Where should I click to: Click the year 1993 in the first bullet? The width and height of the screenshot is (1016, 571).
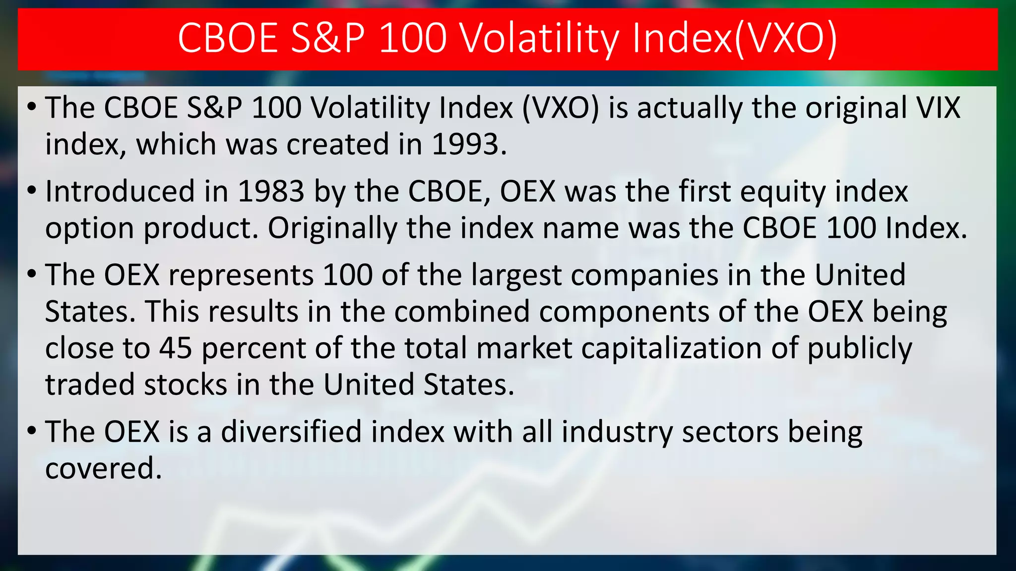[x=469, y=144]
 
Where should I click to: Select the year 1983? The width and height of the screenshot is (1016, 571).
[x=271, y=191]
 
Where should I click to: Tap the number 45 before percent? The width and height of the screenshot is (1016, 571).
[x=176, y=348]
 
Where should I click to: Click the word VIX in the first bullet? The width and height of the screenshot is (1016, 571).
[x=932, y=108]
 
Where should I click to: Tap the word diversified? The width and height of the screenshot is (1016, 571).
[x=291, y=431]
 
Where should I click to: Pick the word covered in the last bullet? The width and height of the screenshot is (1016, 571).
[x=103, y=468]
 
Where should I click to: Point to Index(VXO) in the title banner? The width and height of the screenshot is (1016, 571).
[x=735, y=38]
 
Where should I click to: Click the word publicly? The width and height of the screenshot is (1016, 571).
[x=860, y=349]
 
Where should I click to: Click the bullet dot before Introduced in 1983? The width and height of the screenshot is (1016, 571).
[x=32, y=191]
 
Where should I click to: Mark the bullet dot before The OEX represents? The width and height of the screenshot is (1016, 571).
[x=32, y=274]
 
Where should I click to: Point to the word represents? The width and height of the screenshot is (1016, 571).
[x=241, y=276]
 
